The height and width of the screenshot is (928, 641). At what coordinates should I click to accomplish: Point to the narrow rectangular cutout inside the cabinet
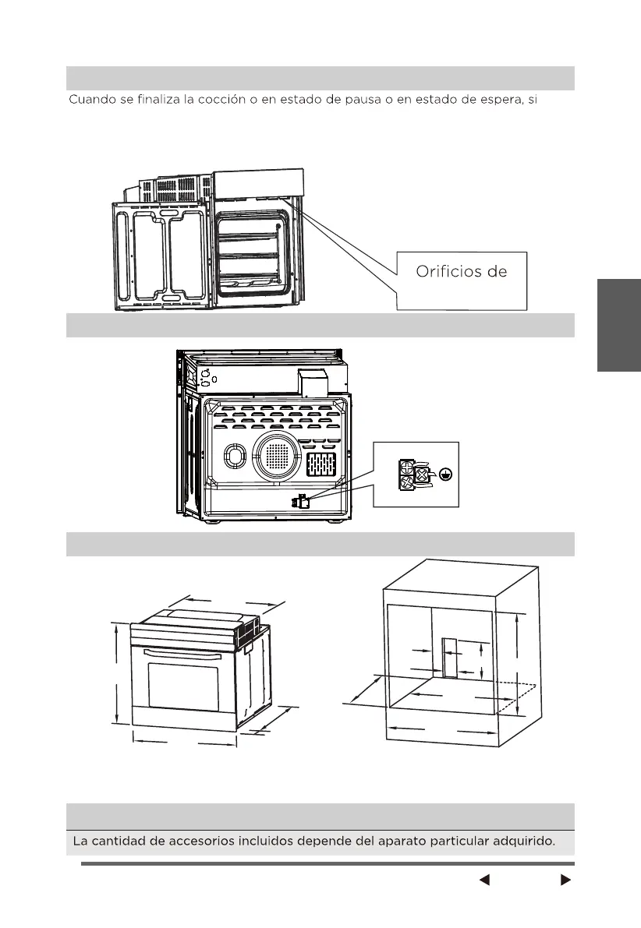[450, 658]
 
